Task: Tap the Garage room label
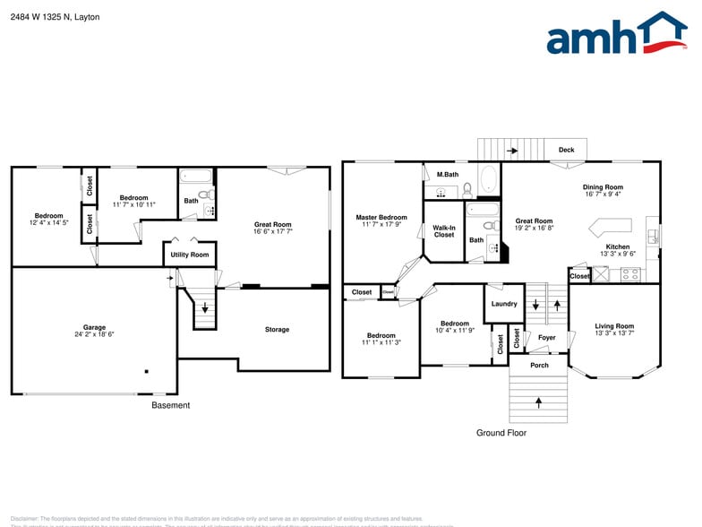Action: click(94, 327)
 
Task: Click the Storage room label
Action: click(277, 330)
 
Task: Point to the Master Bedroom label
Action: click(381, 218)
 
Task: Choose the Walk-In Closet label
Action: click(443, 231)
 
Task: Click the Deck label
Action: click(566, 150)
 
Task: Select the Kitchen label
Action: click(618, 246)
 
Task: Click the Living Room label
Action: click(614, 326)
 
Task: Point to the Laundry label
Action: click(504, 304)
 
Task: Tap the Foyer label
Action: click(546, 338)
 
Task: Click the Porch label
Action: click(539, 365)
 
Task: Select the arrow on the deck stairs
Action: click(511, 151)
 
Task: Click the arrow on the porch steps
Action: click(539, 403)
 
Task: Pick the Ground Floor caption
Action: click(501, 433)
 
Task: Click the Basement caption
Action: click(170, 405)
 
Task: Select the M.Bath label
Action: click(448, 174)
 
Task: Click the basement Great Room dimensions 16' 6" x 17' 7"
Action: click(273, 231)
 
